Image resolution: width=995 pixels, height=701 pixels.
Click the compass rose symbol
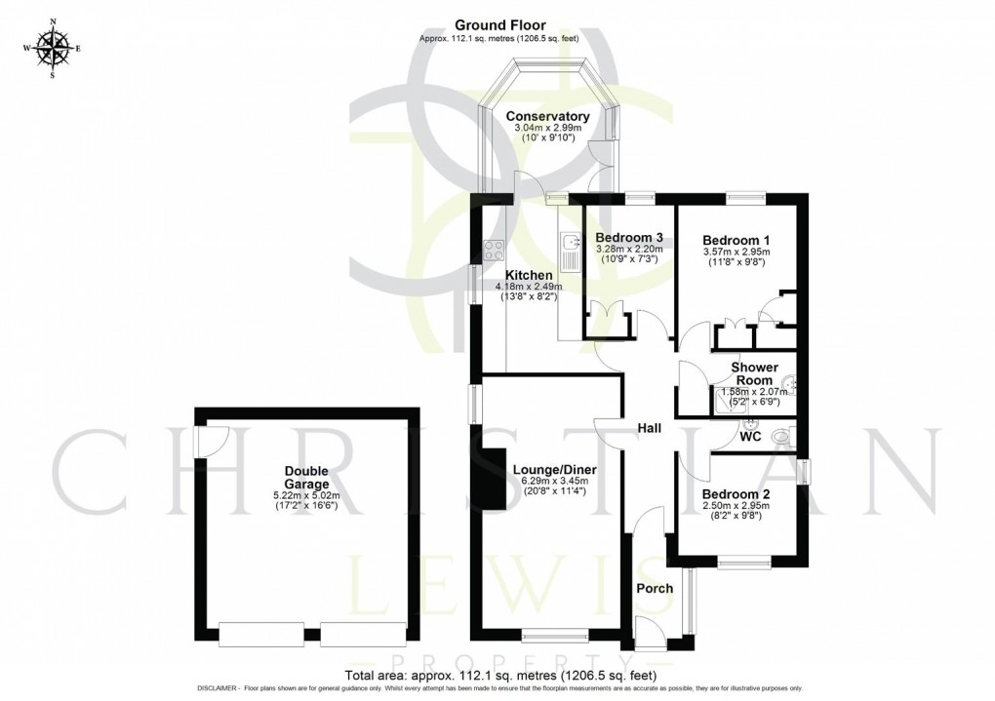click(53, 48)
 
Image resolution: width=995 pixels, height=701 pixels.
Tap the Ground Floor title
click(500, 25)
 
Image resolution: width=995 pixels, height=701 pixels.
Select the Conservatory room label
click(547, 116)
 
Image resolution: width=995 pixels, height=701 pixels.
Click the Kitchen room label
click(529, 275)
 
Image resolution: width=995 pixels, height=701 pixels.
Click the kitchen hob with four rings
click(494, 250)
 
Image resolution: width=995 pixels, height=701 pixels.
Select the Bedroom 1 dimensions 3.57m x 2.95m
click(736, 252)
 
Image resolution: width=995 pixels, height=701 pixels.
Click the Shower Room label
click(754, 373)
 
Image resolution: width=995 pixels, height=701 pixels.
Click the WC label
click(750, 437)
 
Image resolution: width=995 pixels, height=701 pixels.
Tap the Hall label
click(649, 428)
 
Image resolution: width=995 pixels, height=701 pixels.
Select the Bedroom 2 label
click(736, 494)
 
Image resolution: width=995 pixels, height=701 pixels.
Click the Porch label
click(655, 588)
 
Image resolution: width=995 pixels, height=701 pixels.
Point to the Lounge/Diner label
click(555, 470)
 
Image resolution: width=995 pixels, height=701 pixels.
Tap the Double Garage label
click(306, 477)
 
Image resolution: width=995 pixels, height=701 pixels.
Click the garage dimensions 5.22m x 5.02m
click(306, 496)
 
